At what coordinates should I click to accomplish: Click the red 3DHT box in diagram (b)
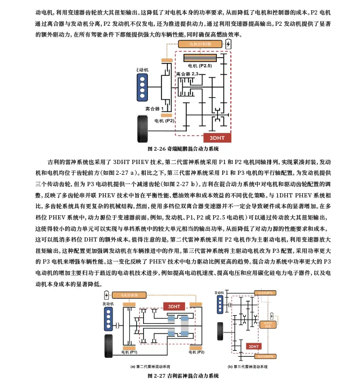(253, 346)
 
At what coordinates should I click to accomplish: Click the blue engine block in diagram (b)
(220, 305)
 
